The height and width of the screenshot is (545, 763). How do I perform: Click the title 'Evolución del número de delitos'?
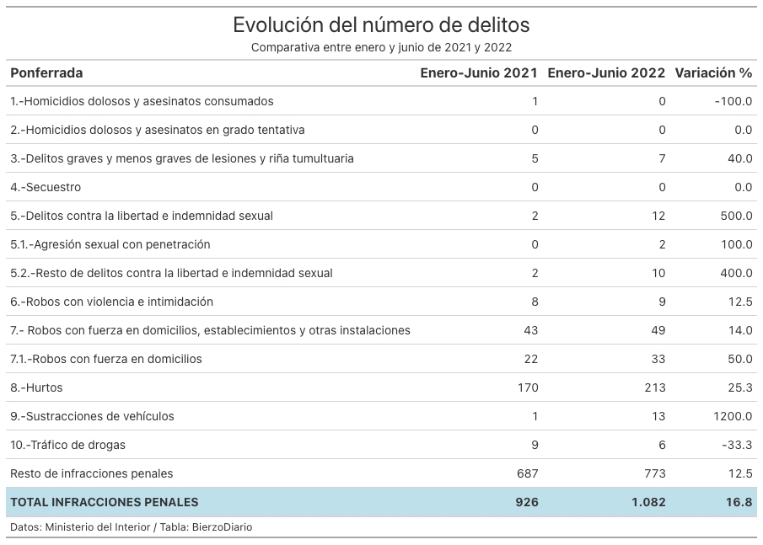click(381, 24)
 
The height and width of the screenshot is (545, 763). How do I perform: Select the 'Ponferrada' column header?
click(46, 73)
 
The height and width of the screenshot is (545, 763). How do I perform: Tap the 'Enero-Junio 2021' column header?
click(479, 73)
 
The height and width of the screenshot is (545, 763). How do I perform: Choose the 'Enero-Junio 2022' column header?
click(606, 73)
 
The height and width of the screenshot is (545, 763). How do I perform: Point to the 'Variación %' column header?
click(713, 73)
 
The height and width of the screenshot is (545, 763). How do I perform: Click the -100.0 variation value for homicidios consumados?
click(733, 101)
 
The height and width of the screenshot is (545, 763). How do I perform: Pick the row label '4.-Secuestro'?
click(46, 187)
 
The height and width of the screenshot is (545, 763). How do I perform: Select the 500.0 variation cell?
click(736, 216)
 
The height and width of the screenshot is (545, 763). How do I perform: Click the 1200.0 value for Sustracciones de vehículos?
click(733, 416)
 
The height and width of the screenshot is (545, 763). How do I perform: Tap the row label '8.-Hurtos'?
click(36, 387)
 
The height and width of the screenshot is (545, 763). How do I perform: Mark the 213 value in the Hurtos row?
click(655, 387)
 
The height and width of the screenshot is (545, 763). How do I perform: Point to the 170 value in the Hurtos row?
click(528, 387)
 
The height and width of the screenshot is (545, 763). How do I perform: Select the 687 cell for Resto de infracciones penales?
click(528, 473)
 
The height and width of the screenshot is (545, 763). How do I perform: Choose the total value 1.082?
click(648, 502)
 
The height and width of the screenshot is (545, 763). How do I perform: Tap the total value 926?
click(527, 502)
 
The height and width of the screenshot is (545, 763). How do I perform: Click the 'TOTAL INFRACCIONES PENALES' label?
click(105, 502)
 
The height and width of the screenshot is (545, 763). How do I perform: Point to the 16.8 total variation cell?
click(739, 502)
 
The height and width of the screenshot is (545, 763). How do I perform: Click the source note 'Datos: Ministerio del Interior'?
click(80, 527)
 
